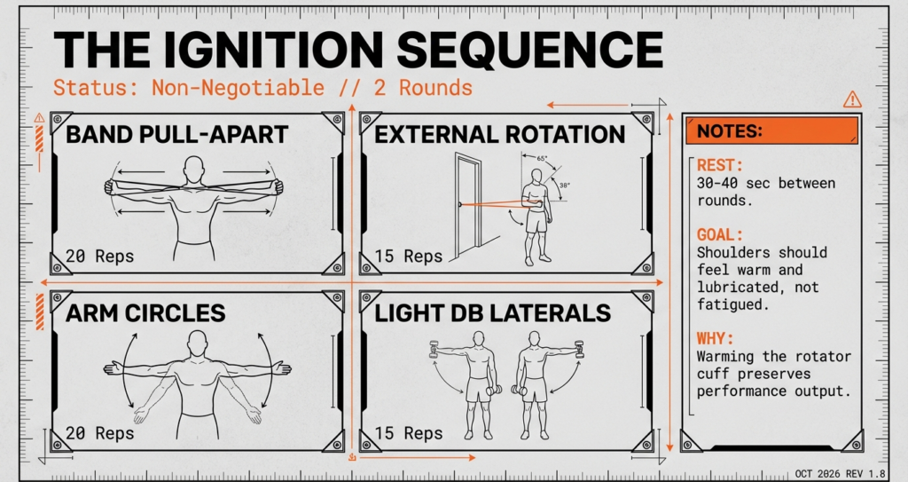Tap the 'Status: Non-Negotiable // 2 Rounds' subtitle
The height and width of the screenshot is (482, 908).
[x=262, y=88]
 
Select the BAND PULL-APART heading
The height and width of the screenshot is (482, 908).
[x=177, y=135]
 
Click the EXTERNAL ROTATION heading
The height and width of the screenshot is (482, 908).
[x=499, y=135]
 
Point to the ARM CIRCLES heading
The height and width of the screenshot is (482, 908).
[x=145, y=313]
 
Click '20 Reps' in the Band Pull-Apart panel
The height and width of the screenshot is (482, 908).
[x=100, y=257]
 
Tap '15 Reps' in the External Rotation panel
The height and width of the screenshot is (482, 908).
[x=409, y=257]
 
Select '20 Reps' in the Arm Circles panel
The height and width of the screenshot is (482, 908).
[x=100, y=433]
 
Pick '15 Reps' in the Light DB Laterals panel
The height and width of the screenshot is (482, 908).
[x=409, y=433]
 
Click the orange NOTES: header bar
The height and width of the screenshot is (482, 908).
[x=771, y=131]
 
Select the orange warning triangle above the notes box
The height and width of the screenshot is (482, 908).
[x=852, y=99]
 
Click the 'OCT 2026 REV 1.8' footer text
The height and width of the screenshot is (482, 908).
[x=841, y=473]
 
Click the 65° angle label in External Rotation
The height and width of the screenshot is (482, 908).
[x=542, y=157]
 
